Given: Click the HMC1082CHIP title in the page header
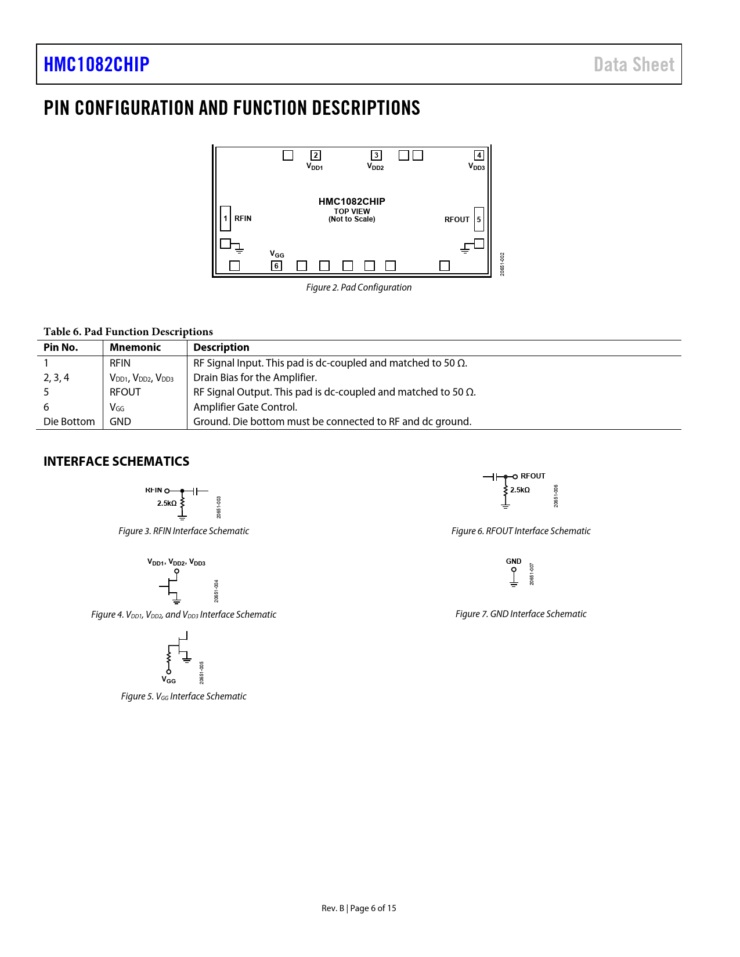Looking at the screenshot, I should point(96,64).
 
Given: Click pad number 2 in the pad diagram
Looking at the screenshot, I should point(316,155).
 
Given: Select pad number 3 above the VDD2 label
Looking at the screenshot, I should point(376,155).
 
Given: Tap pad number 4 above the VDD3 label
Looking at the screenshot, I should point(479,155).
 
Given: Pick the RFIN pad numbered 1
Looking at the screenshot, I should point(225,219).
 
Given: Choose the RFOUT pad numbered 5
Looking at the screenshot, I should point(479,219).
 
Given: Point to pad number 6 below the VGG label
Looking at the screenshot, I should point(276,266).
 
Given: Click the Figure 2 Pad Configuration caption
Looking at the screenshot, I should point(359,288).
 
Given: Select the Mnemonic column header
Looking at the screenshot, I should point(135,347).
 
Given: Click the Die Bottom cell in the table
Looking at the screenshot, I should point(69,422).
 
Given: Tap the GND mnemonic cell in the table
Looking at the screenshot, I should point(120,422).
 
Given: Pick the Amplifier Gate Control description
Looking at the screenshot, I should point(245,407).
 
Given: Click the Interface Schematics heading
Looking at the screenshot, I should point(116,462).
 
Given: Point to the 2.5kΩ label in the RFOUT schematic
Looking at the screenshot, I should point(520,490).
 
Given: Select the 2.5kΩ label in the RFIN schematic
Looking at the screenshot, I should point(167,503).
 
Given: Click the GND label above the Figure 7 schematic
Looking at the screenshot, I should point(514,561).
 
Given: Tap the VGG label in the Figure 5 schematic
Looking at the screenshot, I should point(169,680).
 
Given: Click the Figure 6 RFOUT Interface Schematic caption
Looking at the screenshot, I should point(521,531).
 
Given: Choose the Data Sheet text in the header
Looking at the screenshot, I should point(634,64).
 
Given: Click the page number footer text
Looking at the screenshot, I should point(359,908).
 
